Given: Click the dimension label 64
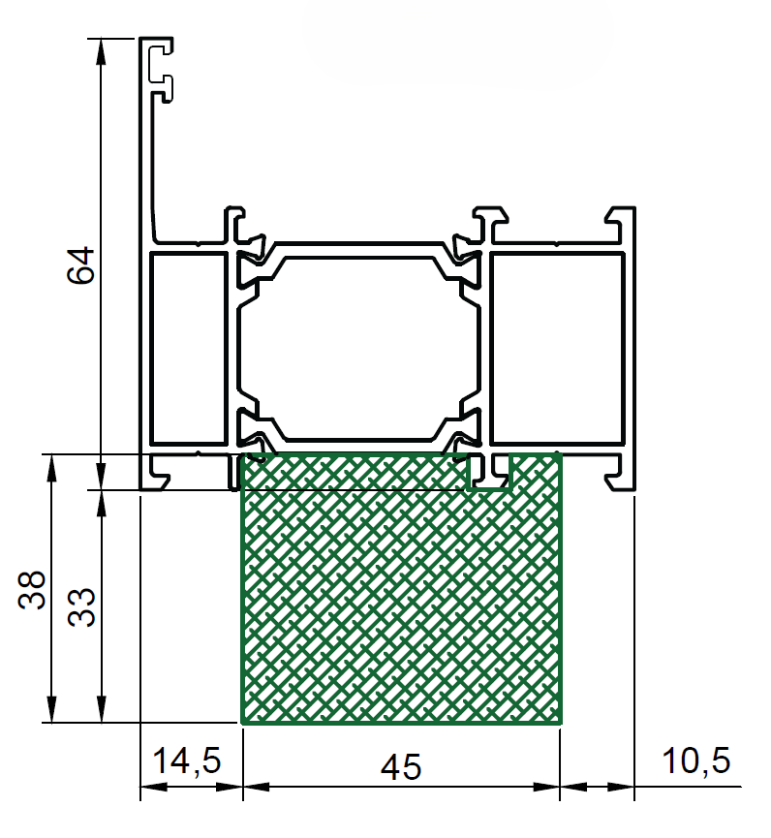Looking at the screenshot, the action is pos(81,265).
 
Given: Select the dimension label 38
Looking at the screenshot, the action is pos(32,590).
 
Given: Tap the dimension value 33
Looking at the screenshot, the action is pos(81,607).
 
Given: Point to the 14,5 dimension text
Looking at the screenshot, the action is pos(187,760).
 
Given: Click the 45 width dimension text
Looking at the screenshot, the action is pos(401,767).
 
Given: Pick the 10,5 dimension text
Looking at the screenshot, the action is pos(695,760).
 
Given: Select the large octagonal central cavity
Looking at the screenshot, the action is pos(359,349).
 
